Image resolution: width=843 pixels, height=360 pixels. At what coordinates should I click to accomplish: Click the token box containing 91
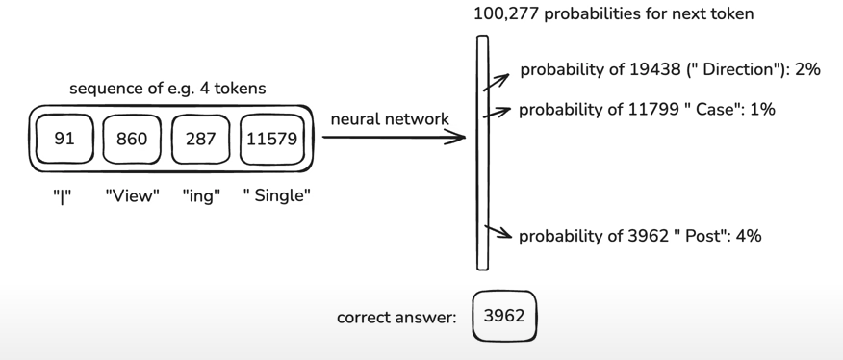[64, 139]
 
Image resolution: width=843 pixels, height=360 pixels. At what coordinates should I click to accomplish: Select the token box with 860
[132, 139]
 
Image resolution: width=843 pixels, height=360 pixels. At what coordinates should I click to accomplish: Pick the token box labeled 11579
[274, 139]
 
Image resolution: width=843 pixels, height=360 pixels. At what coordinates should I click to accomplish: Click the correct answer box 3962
[503, 317]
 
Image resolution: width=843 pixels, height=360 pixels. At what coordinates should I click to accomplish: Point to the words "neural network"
[389, 119]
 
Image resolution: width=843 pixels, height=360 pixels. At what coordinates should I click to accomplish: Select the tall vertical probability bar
[483, 152]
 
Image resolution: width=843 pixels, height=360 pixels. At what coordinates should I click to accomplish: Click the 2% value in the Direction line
[807, 70]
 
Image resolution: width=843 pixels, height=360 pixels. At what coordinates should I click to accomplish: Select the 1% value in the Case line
[761, 109]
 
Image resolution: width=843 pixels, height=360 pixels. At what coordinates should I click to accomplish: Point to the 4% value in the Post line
[747, 236]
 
